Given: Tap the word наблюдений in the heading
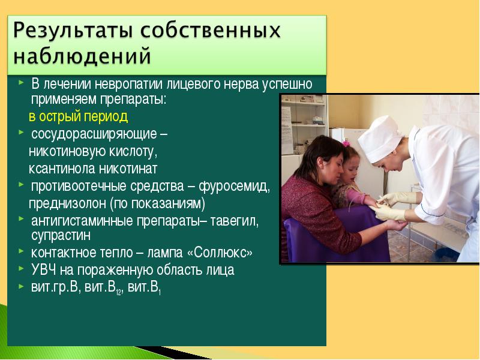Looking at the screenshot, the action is click(82, 56).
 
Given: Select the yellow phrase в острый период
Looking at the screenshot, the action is click(78, 117).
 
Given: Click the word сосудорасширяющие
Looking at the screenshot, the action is click(94, 134).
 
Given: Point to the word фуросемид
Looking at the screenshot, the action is click(234, 187).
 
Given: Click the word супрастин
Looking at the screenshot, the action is click(61, 236).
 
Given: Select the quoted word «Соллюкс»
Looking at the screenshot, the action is click(220, 253).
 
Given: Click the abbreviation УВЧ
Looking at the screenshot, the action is click(44, 270).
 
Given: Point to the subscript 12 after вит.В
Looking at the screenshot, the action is click(118, 292).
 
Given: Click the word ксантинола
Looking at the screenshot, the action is click(62, 169).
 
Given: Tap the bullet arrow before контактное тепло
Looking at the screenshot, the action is click(20, 251).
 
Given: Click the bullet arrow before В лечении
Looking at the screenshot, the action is click(20, 82).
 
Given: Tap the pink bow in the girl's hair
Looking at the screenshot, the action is click(346, 143).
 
